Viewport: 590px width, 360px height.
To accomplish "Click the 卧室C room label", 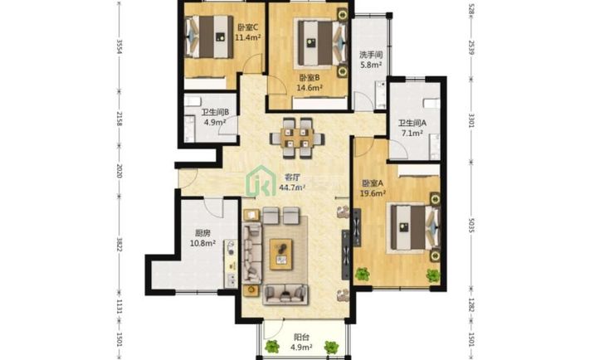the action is click(247, 27).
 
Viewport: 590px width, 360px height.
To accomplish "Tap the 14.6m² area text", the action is click(309, 88).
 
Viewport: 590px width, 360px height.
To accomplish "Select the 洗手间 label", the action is click(371, 55).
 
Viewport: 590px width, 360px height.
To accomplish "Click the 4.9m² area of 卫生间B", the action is click(215, 122).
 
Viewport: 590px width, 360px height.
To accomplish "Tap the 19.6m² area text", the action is click(373, 193).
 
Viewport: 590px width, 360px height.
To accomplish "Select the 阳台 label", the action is click(301, 337).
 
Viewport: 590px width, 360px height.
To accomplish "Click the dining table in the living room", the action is click(297, 139).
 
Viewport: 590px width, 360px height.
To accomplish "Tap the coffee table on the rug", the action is click(281, 254).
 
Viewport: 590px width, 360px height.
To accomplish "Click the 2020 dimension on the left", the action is click(119, 171).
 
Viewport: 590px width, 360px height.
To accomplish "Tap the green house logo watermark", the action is click(261, 181).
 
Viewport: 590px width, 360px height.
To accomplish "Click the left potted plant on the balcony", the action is click(272, 346).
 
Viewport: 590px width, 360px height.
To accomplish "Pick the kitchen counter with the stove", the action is click(231, 264).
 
